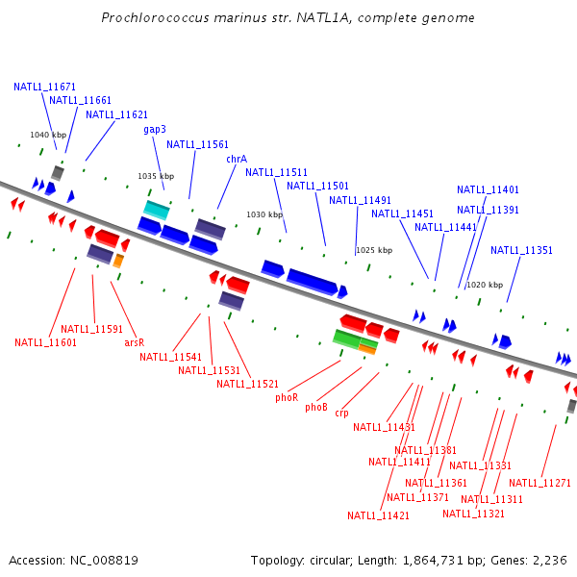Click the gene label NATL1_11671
[x=44, y=87]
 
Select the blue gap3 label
[x=155, y=129]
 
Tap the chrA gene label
[x=237, y=159]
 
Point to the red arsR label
[x=134, y=342]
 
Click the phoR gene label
[x=287, y=397]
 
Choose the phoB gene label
[x=316, y=407]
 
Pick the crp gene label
[x=341, y=414]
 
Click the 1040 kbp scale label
[x=48, y=135]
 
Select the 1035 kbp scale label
[x=156, y=176]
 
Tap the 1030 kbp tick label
[x=264, y=214]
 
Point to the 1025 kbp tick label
[x=374, y=250]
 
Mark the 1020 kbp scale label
[x=485, y=285]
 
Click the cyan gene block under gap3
[x=157, y=210]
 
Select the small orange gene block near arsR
[x=118, y=261]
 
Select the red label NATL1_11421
[x=378, y=515]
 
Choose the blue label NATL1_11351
[x=521, y=250]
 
